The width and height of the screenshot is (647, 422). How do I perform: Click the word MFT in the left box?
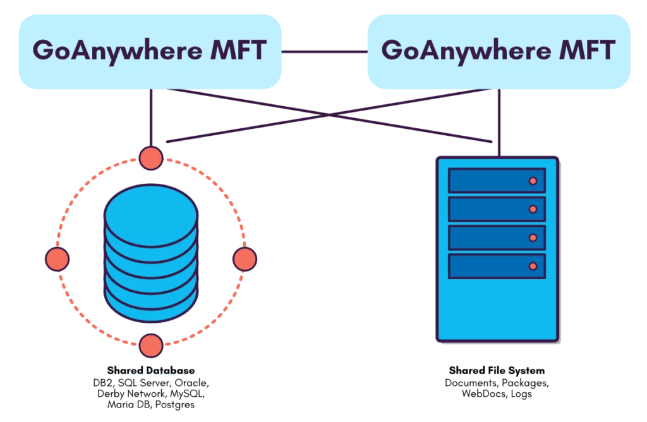tap(238, 50)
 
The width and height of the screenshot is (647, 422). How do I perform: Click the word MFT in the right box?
tap(587, 50)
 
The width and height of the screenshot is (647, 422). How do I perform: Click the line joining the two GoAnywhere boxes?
tap(323, 51)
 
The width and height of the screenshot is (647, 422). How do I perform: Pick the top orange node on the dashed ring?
tap(151, 157)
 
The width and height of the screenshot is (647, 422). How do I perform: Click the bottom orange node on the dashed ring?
tap(151, 346)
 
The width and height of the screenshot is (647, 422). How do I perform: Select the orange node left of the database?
tap(57, 259)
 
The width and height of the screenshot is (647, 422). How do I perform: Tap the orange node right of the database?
tap(245, 259)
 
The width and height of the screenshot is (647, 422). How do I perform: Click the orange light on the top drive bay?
tap(533, 181)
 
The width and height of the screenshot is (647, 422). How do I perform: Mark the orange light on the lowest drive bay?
tap(533, 267)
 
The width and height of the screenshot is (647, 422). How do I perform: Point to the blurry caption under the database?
tap(150, 373)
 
